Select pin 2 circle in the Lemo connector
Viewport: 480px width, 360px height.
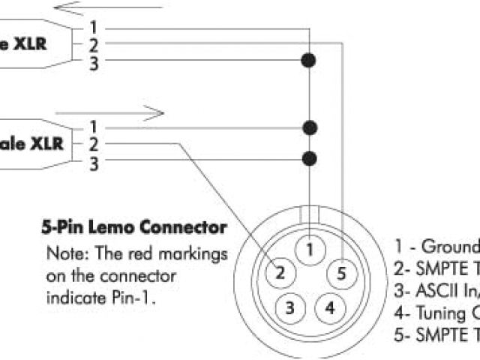click(280, 273)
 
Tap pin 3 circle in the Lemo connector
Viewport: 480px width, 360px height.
click(290, 307)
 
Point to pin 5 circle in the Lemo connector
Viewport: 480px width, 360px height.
click(342, 273)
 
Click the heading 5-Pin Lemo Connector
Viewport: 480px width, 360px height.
click(133, 226)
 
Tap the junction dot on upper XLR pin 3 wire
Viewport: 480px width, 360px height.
click(307, 59)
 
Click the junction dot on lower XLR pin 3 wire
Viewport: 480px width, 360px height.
click(307, 158)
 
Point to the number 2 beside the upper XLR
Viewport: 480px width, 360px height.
click(93, 46)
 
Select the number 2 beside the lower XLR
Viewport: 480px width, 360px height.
click(93, 143)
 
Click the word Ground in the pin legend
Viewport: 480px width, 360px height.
click(450, 247)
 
